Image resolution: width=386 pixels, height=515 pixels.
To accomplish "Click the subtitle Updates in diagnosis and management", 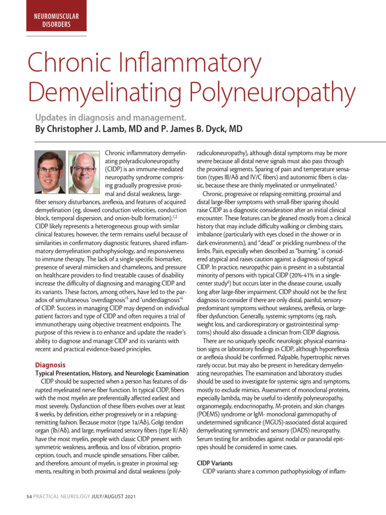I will [x=111, y=118].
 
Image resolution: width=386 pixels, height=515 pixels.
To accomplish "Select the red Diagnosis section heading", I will [x=50, y=365].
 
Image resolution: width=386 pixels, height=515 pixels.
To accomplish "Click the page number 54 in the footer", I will [x=29, y=496].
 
